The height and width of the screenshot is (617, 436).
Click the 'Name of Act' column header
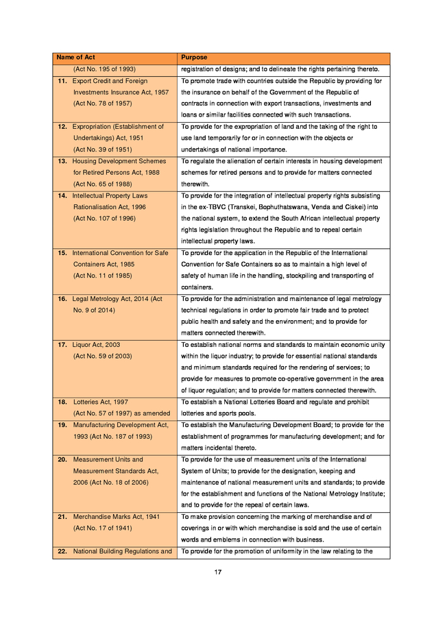75,58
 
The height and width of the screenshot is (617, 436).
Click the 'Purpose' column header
194,58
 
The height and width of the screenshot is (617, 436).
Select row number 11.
62,81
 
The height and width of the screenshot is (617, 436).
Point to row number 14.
62,195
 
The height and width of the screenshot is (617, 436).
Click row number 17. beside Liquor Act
62,344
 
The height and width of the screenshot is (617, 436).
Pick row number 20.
62,459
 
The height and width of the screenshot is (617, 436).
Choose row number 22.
62,551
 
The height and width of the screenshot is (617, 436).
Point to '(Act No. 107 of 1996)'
106,218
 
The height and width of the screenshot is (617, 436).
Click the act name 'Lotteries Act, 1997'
100,402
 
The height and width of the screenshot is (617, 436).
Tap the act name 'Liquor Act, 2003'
96,344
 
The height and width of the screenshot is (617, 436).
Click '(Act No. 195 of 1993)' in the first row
104,69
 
